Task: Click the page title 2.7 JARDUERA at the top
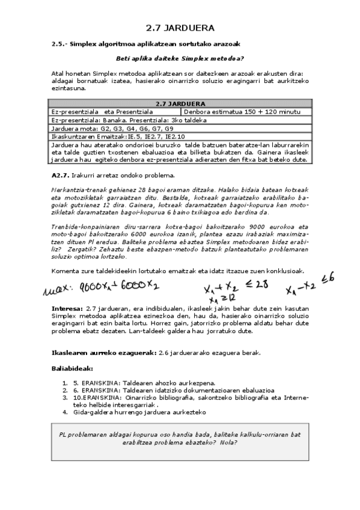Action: point(180,28)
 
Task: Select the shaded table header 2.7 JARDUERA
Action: point(180,103)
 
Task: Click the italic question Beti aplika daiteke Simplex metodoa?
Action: point(179,58)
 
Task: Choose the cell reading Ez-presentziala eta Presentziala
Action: point(103,112)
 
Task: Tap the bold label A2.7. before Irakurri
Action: point(61,175)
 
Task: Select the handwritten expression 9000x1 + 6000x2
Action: point(115,286)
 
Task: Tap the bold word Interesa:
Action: point(68,308)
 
